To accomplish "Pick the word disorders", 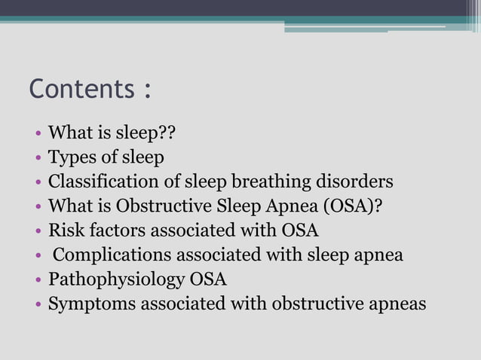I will point(360,182).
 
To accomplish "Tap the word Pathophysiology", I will point(115,280).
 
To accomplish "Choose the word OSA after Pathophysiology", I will point(207,279).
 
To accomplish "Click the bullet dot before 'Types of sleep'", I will point(38,159).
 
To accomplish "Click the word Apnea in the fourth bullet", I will point(290,207).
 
